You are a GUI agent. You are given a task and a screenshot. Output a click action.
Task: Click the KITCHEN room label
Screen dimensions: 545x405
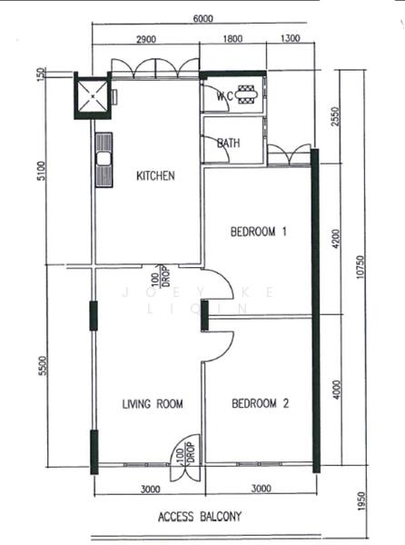click(x=155, y=175)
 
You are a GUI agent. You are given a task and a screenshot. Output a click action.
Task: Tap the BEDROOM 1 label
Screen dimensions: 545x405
click(x=259, y=232)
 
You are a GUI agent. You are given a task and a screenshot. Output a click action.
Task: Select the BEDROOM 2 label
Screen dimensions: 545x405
click(x=260, y=403)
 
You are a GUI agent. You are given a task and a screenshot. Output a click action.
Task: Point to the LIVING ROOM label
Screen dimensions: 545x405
click(x=153, y=404)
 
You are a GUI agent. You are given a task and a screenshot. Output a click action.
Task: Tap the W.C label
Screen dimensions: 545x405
click(x=226, y=96)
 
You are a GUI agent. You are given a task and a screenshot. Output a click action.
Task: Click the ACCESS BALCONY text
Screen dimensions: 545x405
click(x=200, y=517)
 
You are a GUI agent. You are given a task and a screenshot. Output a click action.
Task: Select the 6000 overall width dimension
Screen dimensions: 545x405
click(x=202, y=17)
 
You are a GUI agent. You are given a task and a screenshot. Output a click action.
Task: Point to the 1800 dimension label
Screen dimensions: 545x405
click(x=232, y=40)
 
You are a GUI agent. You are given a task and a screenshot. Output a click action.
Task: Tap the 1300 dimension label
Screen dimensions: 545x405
click(x=291, y=40)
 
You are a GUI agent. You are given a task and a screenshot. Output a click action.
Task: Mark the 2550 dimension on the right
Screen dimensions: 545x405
click(x=336, y=117)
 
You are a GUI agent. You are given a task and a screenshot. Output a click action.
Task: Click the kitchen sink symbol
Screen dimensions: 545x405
click(x=104, y=161)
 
